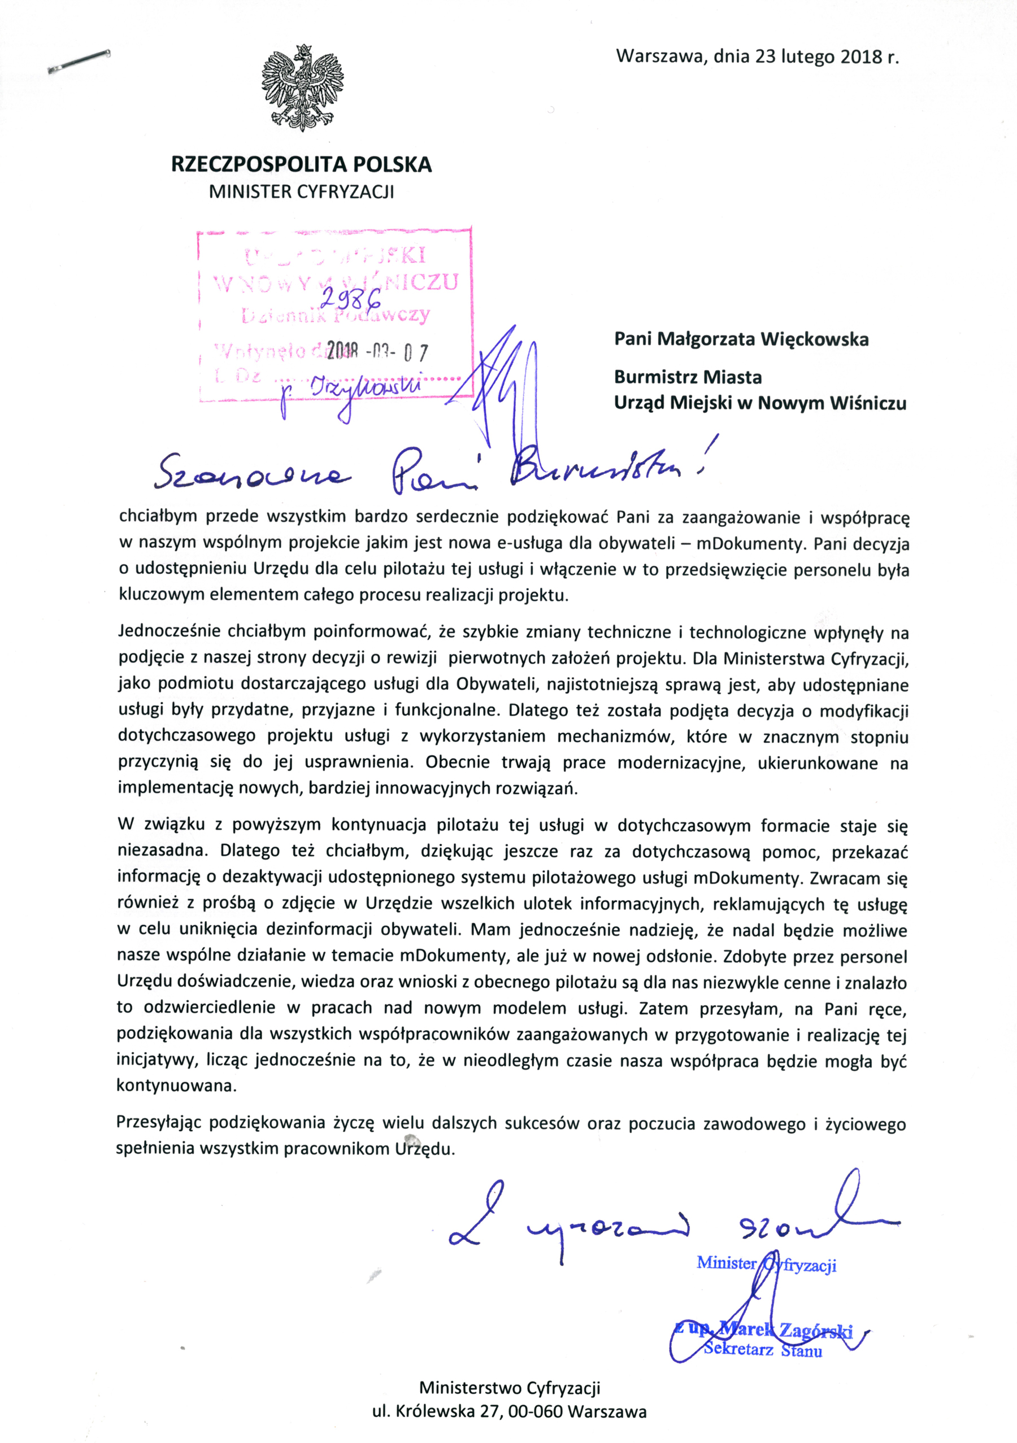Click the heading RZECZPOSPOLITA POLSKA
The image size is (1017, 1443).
coord(301,165)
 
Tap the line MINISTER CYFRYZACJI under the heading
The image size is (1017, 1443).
coord(301,191)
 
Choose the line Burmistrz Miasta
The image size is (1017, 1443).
coord(688,377)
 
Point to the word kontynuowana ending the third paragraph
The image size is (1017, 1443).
coord(176,1085)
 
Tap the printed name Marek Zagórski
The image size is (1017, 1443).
coord(786,1330)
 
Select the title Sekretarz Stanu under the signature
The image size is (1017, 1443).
coord(762,1349)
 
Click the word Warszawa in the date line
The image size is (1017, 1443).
coord(661,56)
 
